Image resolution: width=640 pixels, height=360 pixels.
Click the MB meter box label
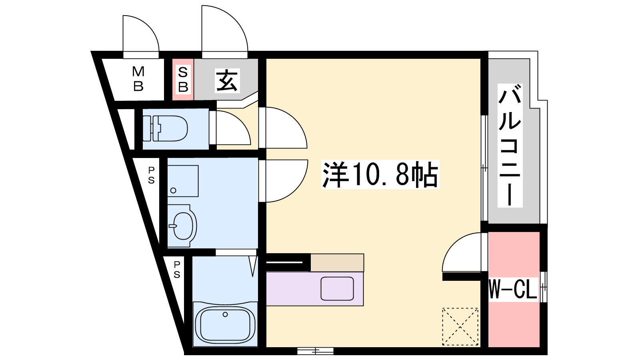(138, 79)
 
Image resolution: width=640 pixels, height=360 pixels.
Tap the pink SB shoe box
(183, 80)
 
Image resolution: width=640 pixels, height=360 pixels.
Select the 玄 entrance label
(227, 80)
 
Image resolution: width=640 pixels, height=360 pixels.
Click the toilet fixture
(165, 128)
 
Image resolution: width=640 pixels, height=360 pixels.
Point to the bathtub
(225, 325)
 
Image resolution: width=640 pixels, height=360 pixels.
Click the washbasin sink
(182, 226)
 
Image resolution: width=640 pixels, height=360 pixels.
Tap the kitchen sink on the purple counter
(337, 288)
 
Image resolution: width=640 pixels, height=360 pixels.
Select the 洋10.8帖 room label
(380, 174)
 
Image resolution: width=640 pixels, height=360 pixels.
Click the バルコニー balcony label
(510, 146)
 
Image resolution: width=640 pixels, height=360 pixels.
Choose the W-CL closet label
(513, 290)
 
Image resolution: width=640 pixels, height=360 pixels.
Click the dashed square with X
(460, 326)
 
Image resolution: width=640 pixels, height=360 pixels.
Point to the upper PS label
(151, 175)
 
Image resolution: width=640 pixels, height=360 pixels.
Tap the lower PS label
(177, 270)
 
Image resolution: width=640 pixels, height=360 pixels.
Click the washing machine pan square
(183, 181)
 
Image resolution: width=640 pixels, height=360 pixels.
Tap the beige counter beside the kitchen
(337, 262)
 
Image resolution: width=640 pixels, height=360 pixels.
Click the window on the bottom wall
(315, 351)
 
